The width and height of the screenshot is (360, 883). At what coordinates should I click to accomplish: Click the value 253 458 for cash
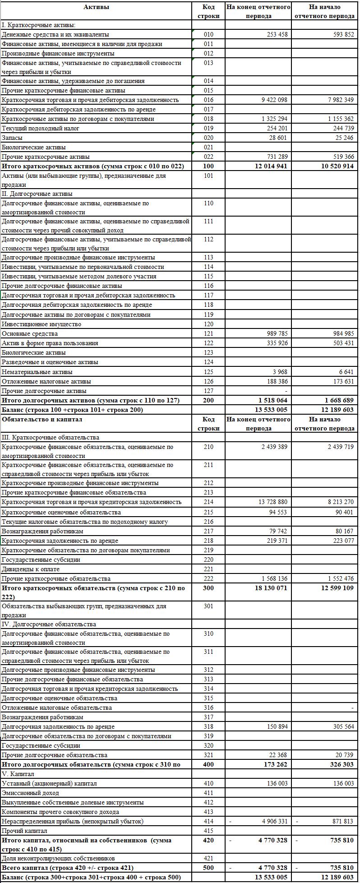[x=274, y=34]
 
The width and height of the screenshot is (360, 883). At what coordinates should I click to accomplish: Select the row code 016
[x=208, y=100]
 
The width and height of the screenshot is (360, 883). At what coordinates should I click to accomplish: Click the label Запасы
[x=12, y=138]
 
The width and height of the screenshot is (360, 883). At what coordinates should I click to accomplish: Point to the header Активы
[x=96, y=7]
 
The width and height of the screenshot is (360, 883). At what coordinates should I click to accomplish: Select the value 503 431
[x=341, y=343]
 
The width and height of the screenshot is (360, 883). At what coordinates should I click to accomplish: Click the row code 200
[x=208, y=400]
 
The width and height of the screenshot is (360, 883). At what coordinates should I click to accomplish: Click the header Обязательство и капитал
[x=42, y=419]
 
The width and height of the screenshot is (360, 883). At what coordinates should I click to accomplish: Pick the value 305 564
[x=341, y=726]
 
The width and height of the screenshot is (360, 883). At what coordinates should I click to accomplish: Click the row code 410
[x=208, y=783]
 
